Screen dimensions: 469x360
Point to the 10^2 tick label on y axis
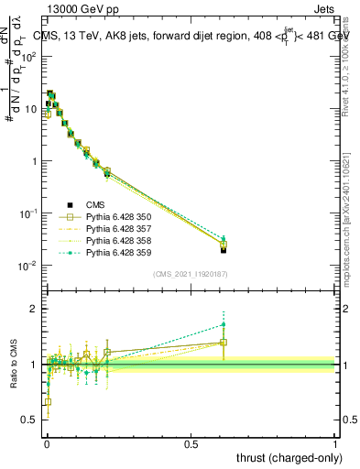pyautogui.click(x=29, y=56)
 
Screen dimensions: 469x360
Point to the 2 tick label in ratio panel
pyautogui.click(x=34, y=309)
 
